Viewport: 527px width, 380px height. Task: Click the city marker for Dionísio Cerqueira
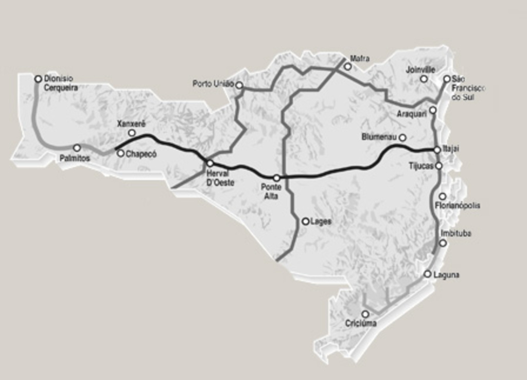(38, 79)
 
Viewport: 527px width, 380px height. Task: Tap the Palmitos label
(75, 159)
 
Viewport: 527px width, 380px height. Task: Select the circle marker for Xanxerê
(132, 133)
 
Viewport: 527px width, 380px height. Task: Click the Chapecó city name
(140, 153)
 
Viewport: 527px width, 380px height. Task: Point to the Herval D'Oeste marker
(210, 163)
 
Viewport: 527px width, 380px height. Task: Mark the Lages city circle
(306, 221)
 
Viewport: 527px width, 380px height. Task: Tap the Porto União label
(213, 83)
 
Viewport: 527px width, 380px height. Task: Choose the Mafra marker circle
(348, 66)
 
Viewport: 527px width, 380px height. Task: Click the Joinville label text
(420, 70)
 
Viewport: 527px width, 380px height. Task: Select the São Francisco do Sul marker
(447, 79)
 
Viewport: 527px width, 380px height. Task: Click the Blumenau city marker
(402, 137)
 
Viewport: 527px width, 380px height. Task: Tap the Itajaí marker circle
(437, 149)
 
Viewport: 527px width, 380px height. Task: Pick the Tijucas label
(421, 166)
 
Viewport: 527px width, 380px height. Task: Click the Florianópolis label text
(458, 205)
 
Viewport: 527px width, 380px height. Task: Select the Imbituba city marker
(443, 243)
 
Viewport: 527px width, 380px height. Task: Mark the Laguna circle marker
(428, 274)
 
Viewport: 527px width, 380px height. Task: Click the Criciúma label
(361, 323)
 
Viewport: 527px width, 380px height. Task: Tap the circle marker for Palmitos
(77, 148)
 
